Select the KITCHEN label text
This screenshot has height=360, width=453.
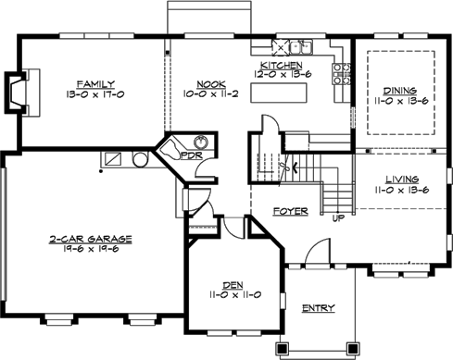pyautogui.click(x=280, y=65)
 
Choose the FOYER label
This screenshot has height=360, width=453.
pyautogui.click(x=290, y=212)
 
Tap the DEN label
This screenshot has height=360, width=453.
pyautogui.click(x=232, y=284)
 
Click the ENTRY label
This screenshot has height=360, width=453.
pyautogui.click(x=318, y=308)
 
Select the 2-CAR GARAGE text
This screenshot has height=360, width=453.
pyautogui.click(x=91, y=239)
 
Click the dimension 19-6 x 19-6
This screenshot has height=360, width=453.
pyautogui.click(x=91, y=250)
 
